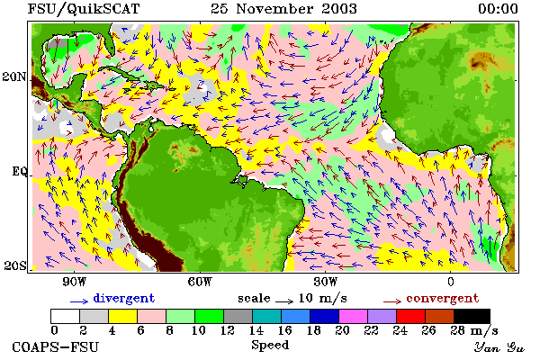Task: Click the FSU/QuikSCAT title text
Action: click(x=84, y=9)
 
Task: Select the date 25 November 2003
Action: click(x=283, y=9)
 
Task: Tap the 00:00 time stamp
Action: click(x=498, y=9)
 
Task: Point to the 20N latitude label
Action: click(x=14, y=76)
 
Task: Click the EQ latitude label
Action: click(x=19, y=171)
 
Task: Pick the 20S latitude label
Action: click(x=14, y=265)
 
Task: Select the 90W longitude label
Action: click(x=74, y=282)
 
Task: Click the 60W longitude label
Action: click(x=200, y=282)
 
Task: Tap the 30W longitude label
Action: click(x=326, y=282)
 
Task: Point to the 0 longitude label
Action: click(x=451, y=282)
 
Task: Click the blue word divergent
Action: click(x=124, y=298)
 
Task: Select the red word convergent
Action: click(x=443, y=298)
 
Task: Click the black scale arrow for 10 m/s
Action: click(x=284, y=301)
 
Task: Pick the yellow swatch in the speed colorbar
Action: click(x=122, y=316)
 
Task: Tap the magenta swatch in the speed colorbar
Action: click(x=353, y=316)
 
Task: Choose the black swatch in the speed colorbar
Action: click(x=472, y=316)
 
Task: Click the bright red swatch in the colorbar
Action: click(x=411, y=316)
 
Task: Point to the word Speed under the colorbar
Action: click(x=270, y=346)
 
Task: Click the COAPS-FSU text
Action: click(x=56, y=346)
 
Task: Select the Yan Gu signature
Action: click(x=499, y=347)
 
